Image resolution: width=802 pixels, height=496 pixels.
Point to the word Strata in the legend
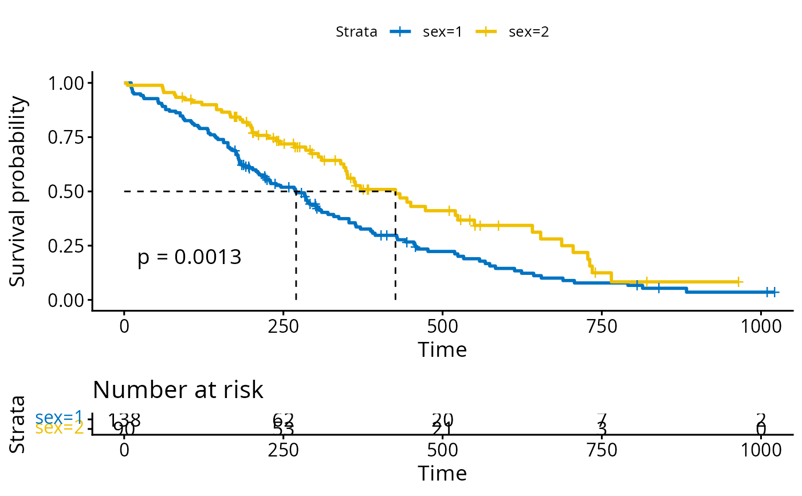pyautogui.click(x=356, y=32)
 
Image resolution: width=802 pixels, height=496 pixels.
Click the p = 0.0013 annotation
pyautogui.click(x=190, y=258)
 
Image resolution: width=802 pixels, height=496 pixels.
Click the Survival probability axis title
pyautogui.click(x=18, y=191)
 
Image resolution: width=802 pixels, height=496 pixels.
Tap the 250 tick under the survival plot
pyautogui.click(x=284, y=326)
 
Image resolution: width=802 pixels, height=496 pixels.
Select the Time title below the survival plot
pyautogui.click(x=442, y=349)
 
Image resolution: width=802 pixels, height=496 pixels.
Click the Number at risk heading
pyautogui.click(x=178, y=390)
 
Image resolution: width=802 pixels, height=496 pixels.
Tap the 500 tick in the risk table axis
pyautogui.click(x=442, y=450)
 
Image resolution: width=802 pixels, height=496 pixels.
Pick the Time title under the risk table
pyautogui.click(x=442, y=473)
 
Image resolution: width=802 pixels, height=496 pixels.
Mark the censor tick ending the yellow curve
pyautogui.click(x=739, y=282)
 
